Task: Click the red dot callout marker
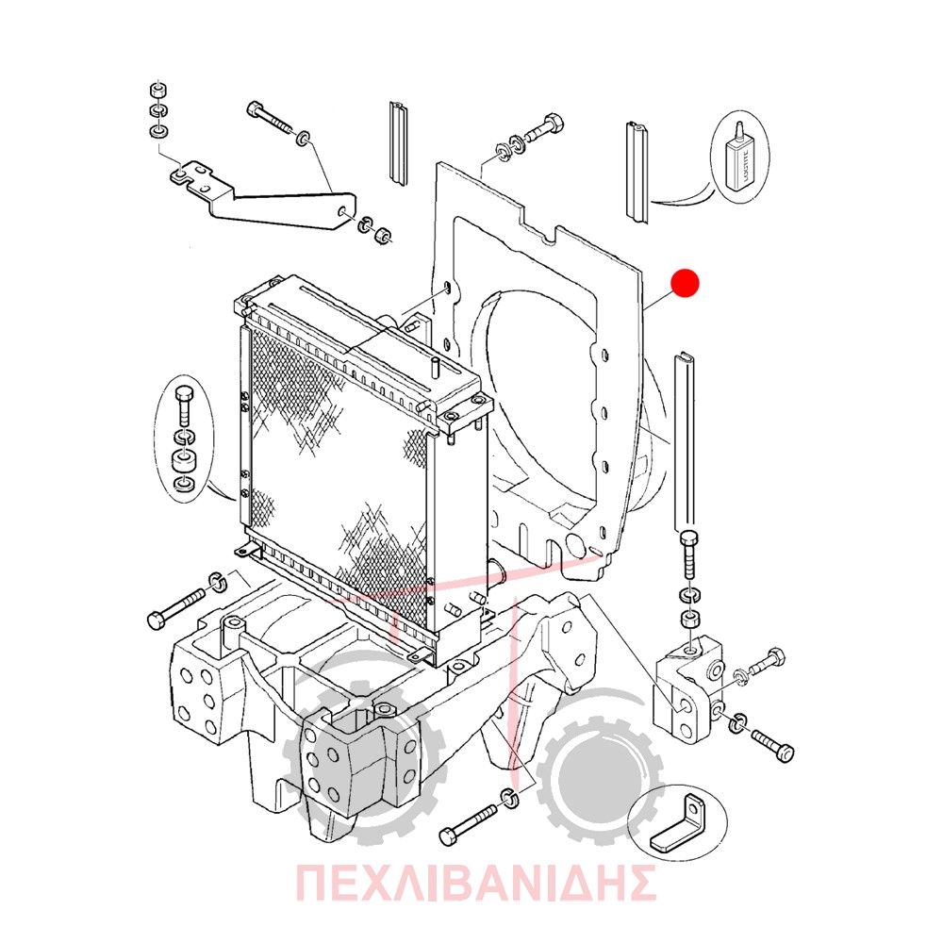(x=685, y=283)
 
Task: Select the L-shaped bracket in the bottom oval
(x=676, y=824)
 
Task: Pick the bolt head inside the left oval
(x=183, y=397)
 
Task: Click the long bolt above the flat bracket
(x=269, y=121)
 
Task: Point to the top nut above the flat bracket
(x=158, y=91)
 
